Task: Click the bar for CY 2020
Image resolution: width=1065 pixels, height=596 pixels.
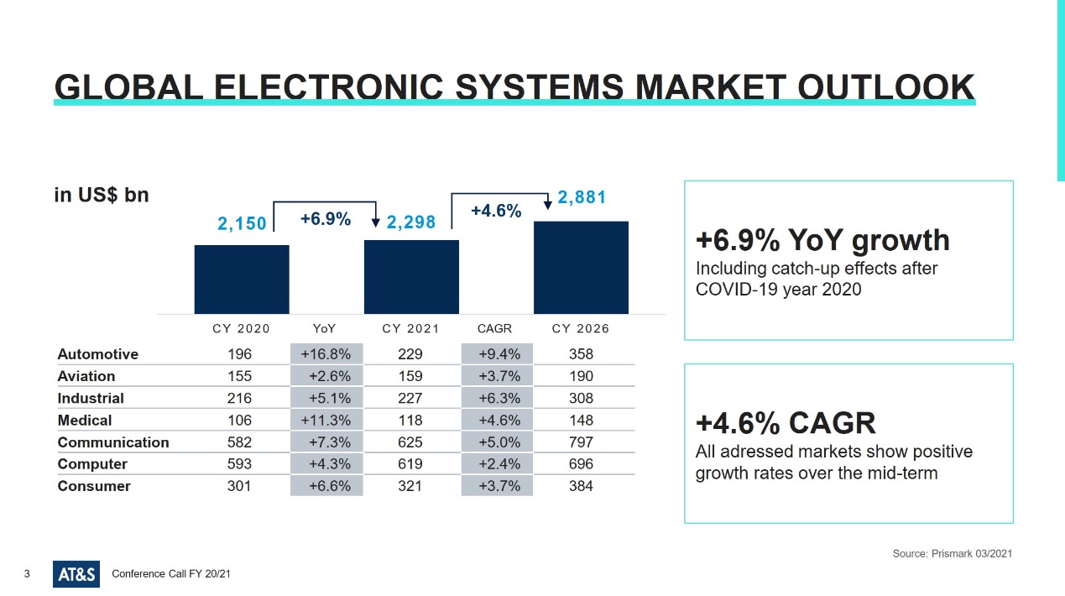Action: click(x=242, y=280)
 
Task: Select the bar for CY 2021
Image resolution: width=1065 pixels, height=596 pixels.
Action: click(x=411, y=277)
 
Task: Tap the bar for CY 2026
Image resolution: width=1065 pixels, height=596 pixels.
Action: click(x=581, y=267)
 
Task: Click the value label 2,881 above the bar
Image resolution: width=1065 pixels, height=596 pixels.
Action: click(x=582, y=197)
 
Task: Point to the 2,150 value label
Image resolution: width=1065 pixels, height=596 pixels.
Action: click(x=242, y=223)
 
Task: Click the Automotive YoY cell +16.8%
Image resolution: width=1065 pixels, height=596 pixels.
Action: click(x=326, y=354)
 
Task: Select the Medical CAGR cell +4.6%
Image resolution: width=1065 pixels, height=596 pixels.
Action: click(x=499, y=420)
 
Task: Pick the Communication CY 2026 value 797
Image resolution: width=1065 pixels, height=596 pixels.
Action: click(x=581, y=442)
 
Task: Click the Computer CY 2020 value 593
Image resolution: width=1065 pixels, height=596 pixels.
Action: click(x=239, y=463)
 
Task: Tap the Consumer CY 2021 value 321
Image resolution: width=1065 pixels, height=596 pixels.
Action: click(x=410, y=486)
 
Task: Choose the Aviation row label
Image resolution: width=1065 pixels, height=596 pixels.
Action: click(x=86, y=376)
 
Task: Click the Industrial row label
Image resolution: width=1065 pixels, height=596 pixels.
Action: click(x=91, y=398)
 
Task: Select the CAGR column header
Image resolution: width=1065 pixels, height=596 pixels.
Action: click(x=494, y=329)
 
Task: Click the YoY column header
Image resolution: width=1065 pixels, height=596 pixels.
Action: click(x=324, y=329)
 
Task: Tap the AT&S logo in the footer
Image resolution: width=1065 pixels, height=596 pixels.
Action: click(x=76, y=574)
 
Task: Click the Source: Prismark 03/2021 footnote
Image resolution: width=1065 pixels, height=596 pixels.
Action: click(x=953, y=554)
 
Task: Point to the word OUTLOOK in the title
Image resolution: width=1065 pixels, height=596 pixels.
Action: click(x=885, y=87)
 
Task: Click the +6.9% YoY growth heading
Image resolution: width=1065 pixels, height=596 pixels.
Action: click(x=822, y=240)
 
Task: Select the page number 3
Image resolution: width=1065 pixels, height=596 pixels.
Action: click(x=27, y=574)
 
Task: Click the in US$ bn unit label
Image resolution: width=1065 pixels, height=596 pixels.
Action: click(x=102, y=195)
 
